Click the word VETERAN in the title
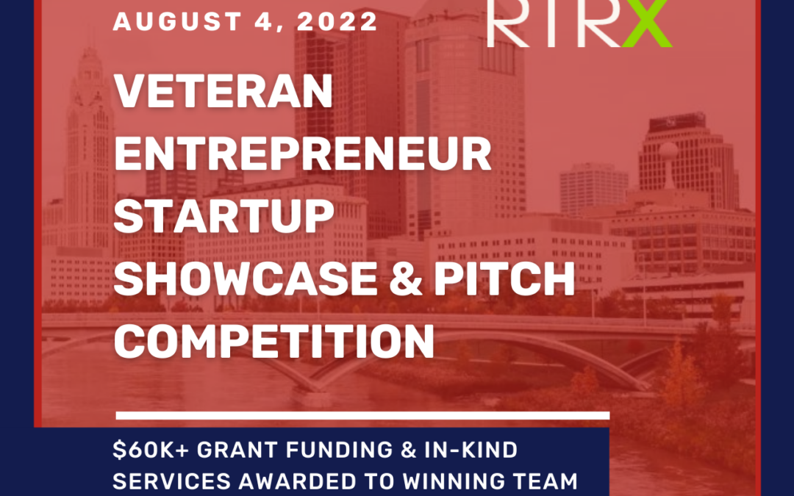click(223, 91)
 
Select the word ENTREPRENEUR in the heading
click(303, 154)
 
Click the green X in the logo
click(647, 23)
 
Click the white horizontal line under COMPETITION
click(362, 415)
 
